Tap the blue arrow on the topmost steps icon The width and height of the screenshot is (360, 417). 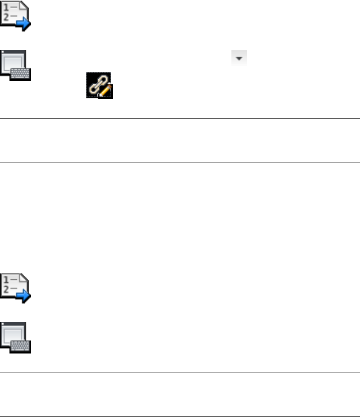[x=24, y=24]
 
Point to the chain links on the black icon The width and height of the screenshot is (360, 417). [x=96, y=84]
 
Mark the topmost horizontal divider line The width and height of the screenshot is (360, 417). [x=180, y=118]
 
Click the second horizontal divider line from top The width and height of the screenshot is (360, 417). [x=180, y=162]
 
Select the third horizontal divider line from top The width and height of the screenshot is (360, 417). [x=180, y=372]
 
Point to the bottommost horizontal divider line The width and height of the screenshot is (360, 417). [x=180, y=416]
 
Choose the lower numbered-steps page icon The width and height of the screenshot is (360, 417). [x=15, y=287]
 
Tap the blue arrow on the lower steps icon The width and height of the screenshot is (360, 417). [x=24, y=296]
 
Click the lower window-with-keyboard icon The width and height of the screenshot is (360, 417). [x=15, y=338]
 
